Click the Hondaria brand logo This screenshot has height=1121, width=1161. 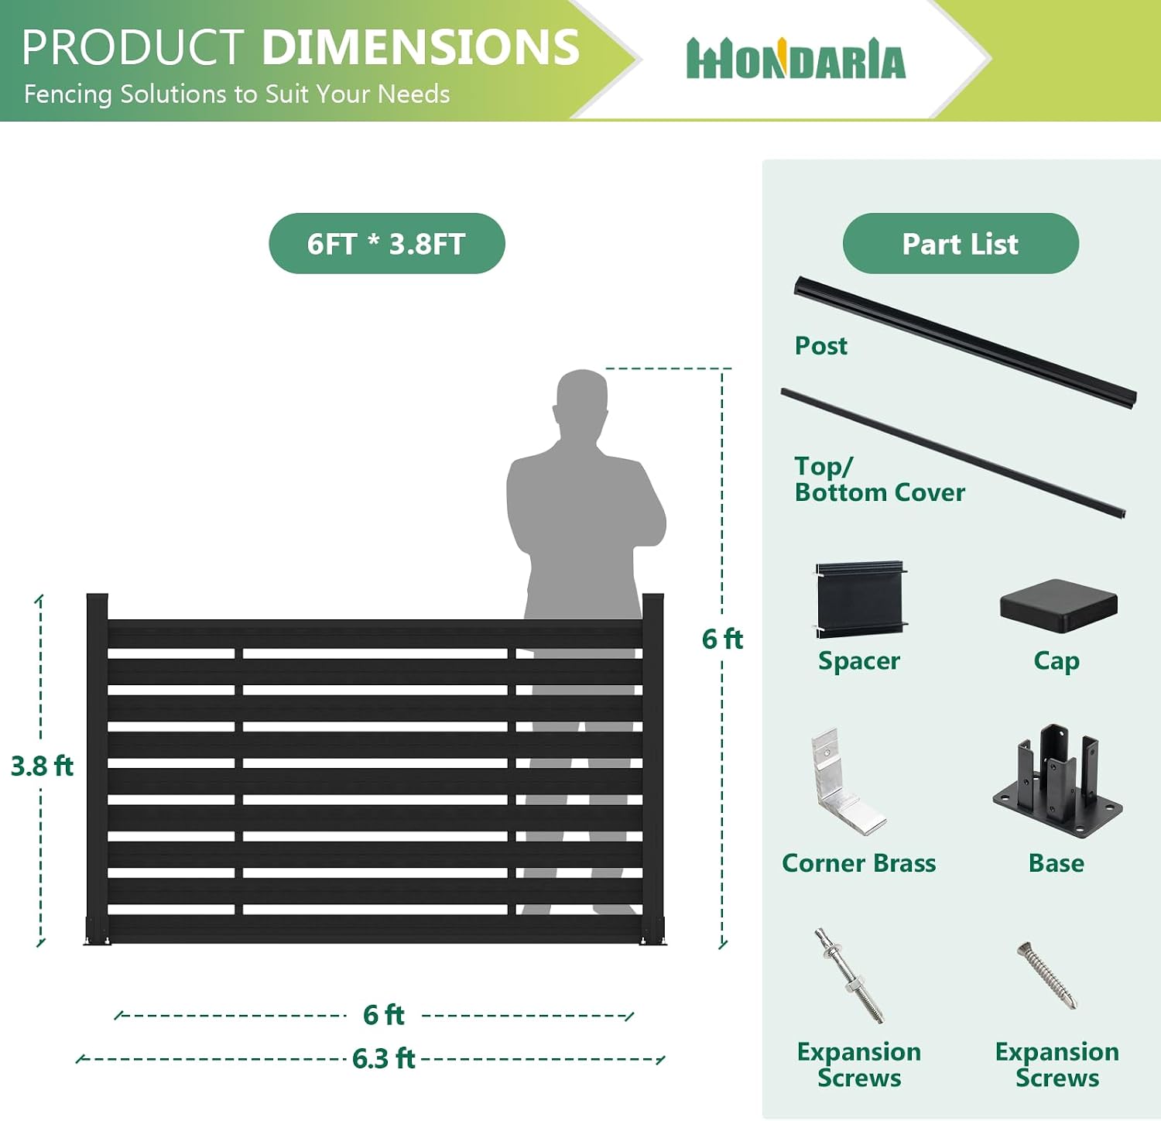point(796,59)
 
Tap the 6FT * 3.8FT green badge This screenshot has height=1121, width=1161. point(387,243)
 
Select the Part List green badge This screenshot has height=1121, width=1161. point(961,243)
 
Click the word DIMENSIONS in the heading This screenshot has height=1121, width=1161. point(421,47)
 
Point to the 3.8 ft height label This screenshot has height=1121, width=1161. point(42,766)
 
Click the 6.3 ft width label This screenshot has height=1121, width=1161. point(384,1058)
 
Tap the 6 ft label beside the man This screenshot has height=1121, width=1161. point(722,639)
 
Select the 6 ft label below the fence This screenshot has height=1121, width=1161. point(384,1014)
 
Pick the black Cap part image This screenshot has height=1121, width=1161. point(1059,606)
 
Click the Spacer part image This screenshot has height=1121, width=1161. point(861,599)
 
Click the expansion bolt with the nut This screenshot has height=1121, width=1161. point(849,975)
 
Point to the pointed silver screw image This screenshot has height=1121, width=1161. point(1046,975)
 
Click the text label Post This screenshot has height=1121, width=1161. point(821,346)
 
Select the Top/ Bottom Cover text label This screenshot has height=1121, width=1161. point(880,479)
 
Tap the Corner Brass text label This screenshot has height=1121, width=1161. point(859,862)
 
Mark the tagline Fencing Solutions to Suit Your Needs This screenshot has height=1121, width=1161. point(237,94)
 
